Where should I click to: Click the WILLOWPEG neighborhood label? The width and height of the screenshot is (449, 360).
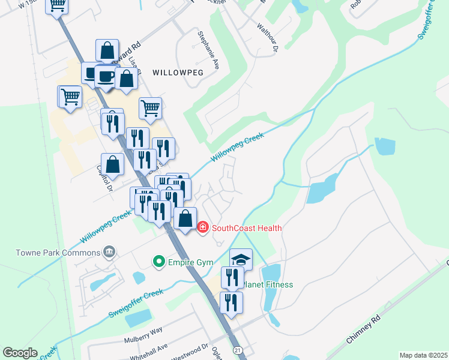pyautogui.click(x=178, y=72)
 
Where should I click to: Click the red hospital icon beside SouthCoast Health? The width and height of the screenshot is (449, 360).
pyautogui.click(x=203, y=227)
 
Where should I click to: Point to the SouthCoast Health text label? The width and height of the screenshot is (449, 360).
pyautogui.click(x=246, y=228)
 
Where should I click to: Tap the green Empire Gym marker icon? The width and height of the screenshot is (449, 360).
pyautogui.click(x=158, y=261)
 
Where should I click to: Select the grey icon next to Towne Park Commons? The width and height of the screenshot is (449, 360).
pyautogui.click(x=109, y=251)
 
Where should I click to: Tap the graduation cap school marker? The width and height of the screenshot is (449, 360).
pyautogui.click(x=241, y=259)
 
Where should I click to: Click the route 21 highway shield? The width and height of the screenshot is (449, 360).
pyautogui.click(x=238, y=350)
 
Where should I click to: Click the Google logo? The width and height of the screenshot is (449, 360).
pyautogui.click(x=20, y=353)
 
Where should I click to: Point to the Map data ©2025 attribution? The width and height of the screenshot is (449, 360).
pyautogui.click(x=423, y=355)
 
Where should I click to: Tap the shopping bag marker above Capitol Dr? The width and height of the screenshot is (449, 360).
pyautogui.click(x=113, y=164)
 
